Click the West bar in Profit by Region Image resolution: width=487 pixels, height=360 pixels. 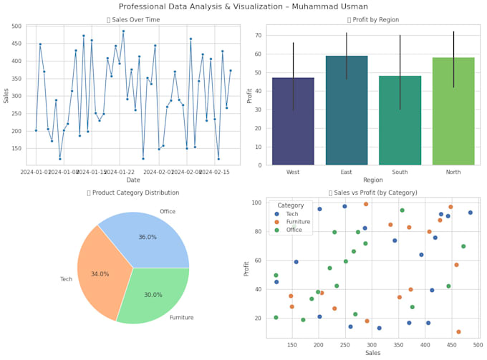point(293,122)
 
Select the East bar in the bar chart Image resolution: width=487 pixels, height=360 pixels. point(346,111)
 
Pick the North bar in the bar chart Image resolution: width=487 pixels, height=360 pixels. point(453,112)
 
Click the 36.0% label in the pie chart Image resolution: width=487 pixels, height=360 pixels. point(147,237)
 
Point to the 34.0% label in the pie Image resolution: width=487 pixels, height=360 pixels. point(100,274)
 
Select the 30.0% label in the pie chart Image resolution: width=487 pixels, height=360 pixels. point(153,295)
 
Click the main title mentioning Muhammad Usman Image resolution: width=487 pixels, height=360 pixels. point(243,6)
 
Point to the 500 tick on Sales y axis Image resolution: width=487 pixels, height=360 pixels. point(16,26)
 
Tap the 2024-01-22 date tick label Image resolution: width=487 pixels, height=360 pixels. point(121,172)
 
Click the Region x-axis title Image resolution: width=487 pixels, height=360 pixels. point(372,181)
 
